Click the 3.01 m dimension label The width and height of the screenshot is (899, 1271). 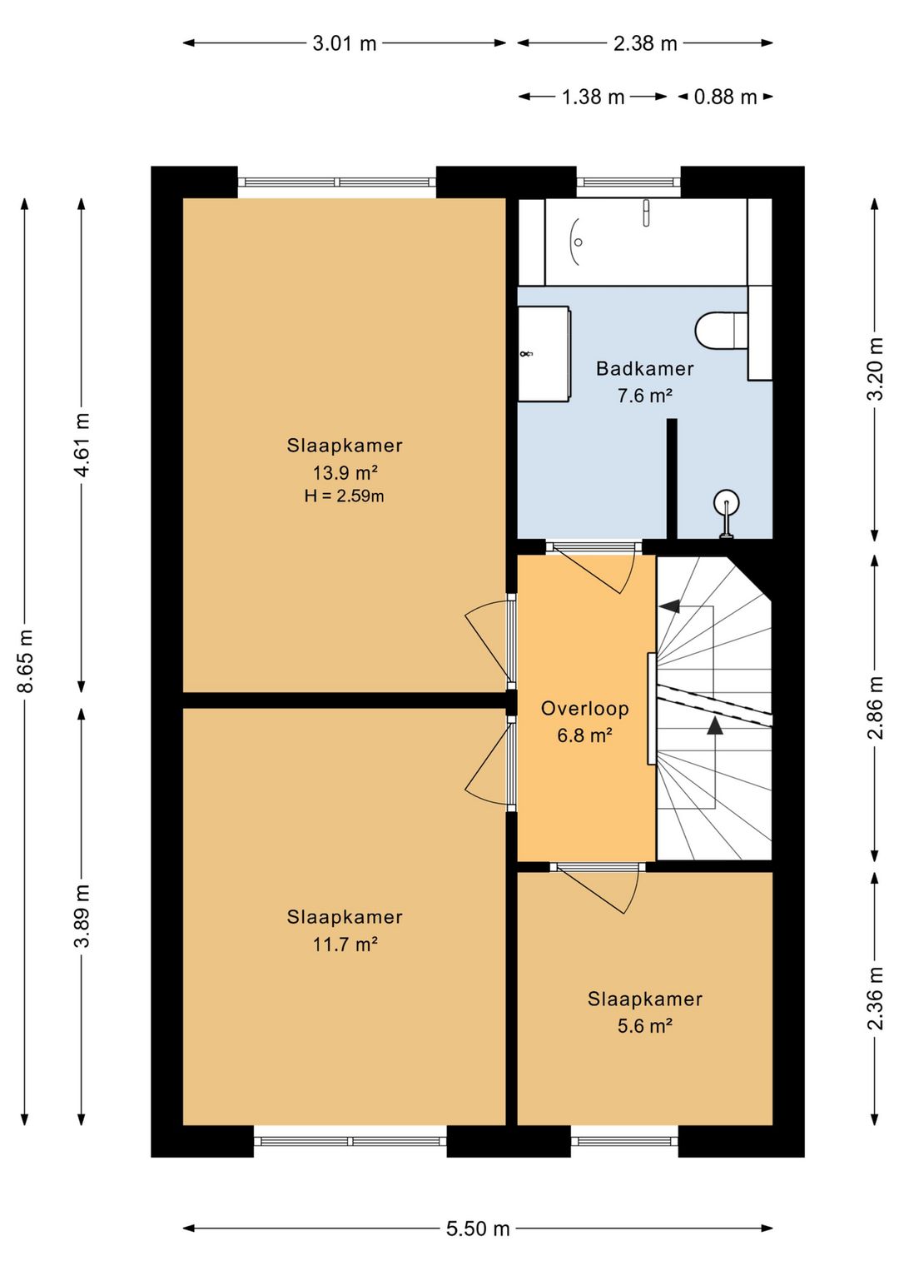point(345,43)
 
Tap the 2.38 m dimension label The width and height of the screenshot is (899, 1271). point(645,43)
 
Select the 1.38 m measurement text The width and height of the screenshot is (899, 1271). point(593,97)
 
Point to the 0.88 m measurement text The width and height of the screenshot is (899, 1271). point(725,97)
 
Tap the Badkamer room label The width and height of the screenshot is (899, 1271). point(645,369)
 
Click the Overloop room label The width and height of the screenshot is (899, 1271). point(585,709)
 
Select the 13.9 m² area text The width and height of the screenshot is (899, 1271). point(345,472)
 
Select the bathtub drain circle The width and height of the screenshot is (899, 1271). point(578,242)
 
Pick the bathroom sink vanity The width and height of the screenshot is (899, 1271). point(544,354)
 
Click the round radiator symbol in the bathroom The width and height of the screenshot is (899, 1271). point(727,502)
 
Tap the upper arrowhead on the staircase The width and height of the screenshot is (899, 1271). point(669,606)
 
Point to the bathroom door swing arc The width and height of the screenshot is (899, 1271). point(628,574)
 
